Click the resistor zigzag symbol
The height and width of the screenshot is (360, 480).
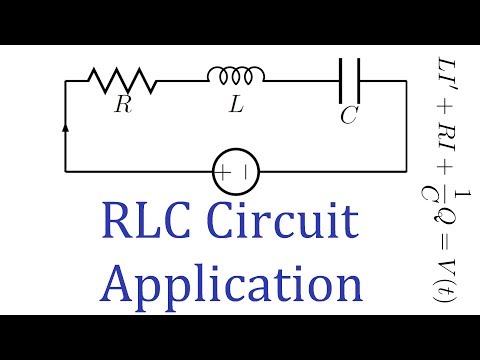point(122,78)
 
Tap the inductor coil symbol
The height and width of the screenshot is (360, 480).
point(236,77)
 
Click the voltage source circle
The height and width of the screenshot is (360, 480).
point(236,174)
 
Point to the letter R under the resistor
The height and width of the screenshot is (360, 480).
point(122,104)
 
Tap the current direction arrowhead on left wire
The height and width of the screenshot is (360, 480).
point(66,127)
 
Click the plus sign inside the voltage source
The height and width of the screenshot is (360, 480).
point(226,174)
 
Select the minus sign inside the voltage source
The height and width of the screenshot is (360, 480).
point(246,174)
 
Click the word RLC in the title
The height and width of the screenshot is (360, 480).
point(140,218)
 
